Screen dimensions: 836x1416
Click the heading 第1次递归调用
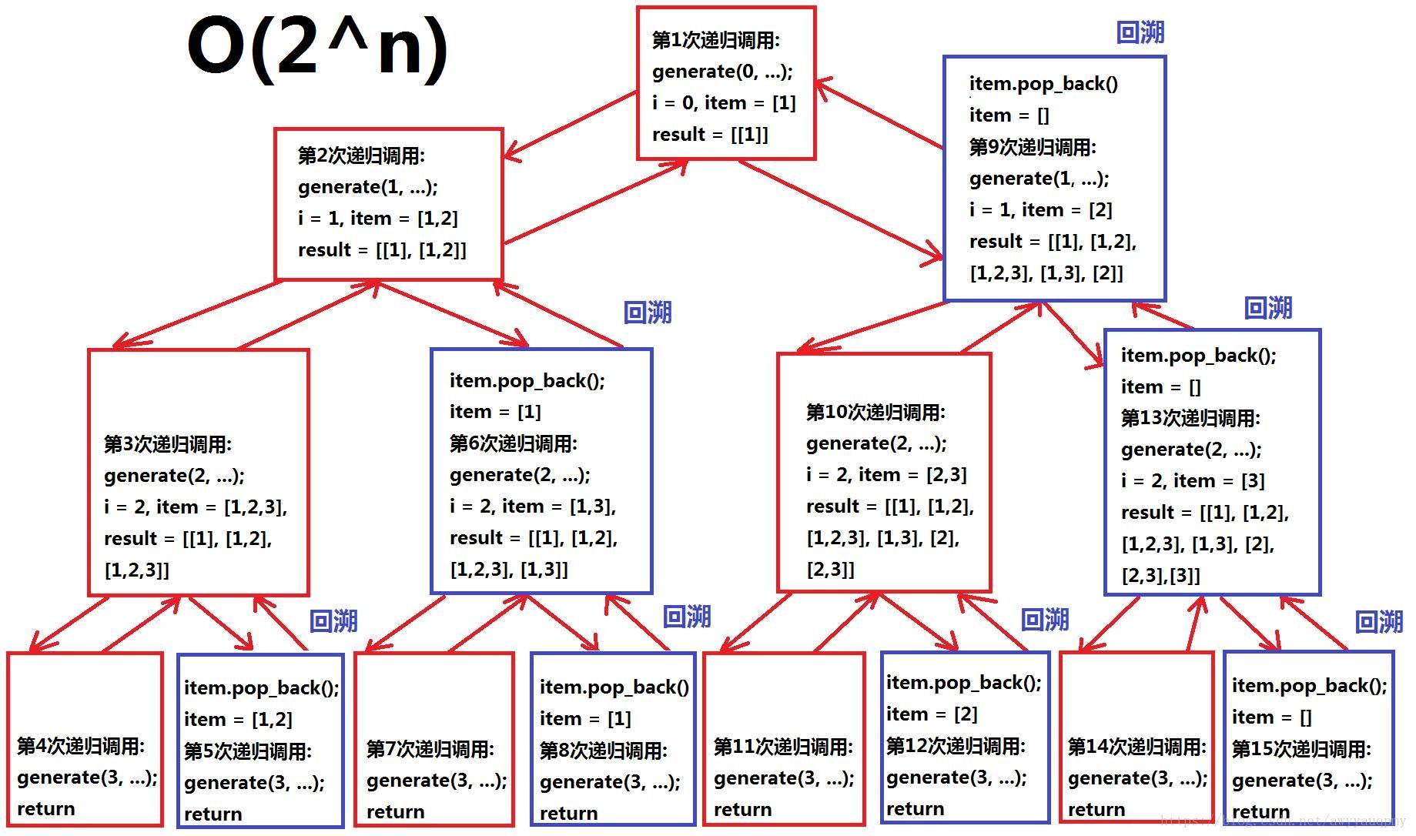pyautogui.click(x=715, y=40)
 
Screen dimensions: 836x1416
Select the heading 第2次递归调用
pyautogui.click(x=361, y=155)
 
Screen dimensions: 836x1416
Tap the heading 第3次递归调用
pyautogui.click(x=168, y=444)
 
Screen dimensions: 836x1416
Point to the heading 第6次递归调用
pyautogui.click(x=514, y=443)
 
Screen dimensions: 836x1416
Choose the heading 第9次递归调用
pyautogui.click(x=1033, y=146)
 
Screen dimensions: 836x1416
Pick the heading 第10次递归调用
pyautogui.click(x=875, y=412)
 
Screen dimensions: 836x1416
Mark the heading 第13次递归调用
pyautogui.click(x=1190, y=418)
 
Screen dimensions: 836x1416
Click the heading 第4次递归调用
pyautogui.click(x=81, y=745)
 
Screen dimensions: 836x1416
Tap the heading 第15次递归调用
pyautogui.click(x=1301, y=748)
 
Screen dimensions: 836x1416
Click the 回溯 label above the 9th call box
pyautogui.click(x=1140, y=32)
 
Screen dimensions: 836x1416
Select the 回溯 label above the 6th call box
pyautogui.click(x=648, y=313)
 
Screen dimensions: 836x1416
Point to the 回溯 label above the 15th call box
pyautogui.click(x=1378, y=621)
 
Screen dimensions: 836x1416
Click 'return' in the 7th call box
pyautogui.click(x=395, y=812)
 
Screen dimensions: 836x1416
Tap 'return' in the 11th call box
pyautogui.click(x=742, y=810)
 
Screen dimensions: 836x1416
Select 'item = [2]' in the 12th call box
pyautogui.click(x=932, y=714)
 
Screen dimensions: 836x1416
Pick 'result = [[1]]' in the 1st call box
pyautogui.click(x=710, y=135)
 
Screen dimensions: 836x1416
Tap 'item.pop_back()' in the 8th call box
pyautogui.click(x=614, y=687)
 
